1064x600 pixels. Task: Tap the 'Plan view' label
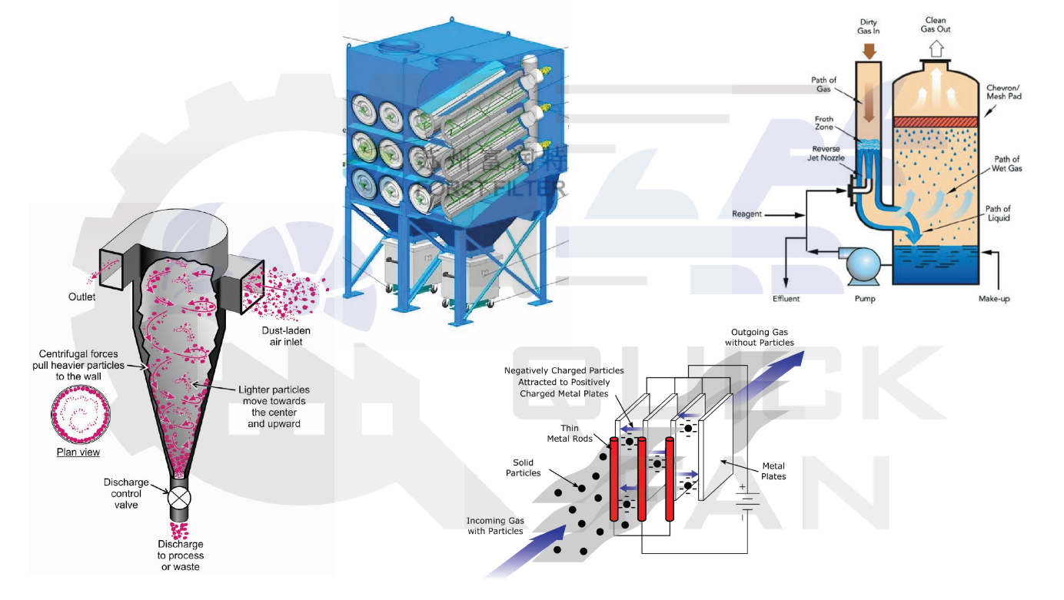[78, 452]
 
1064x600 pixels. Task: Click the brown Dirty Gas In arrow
[870, 51]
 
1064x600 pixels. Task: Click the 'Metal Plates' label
[773, 471]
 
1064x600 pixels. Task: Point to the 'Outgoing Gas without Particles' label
[760, 337]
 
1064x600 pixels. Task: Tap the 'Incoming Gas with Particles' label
[495, 525]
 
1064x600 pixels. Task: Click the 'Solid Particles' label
[523, 467]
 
